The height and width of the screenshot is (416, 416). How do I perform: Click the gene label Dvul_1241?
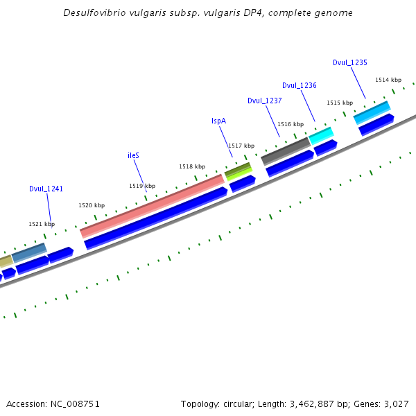point(46,189)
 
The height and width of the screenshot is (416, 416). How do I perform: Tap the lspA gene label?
point(218,121)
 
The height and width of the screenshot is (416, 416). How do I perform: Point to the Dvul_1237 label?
point(264,101)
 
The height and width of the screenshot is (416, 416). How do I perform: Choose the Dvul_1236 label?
point(299,85)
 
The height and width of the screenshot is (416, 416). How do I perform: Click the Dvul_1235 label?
point(349,62)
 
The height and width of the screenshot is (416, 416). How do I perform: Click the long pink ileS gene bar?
point(153,205)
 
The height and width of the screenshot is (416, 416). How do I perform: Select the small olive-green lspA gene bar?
point(238,169)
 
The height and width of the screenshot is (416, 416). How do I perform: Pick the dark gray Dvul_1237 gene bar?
point(285,150)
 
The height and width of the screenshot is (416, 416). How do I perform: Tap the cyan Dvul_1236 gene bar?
point(321,135)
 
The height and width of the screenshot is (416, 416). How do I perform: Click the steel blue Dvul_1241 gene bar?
point(29,252)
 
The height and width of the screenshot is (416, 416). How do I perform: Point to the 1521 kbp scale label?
point(41,224)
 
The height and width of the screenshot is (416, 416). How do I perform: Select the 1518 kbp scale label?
point(192,166)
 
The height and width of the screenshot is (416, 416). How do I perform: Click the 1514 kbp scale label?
point(388,80)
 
